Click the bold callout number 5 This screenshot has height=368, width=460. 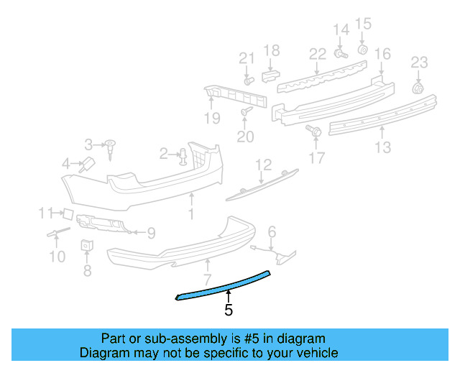(x=229, y=310)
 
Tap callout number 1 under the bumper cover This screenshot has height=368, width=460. (x=191, y=213)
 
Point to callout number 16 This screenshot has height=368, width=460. (x=382, y=54)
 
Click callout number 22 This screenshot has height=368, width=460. (x=317, y=54)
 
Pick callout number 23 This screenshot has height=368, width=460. (x=419, y=63)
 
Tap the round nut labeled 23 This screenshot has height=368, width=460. (x=417, y=88)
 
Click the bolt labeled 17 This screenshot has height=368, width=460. (x=313, y=131)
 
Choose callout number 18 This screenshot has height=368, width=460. (x=271, y=50)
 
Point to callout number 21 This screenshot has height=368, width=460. (x=247, y=58)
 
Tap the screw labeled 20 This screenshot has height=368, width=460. (x=246, y=111)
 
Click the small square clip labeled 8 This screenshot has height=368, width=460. (x=87, y=245)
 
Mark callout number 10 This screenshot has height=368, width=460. (x=57, y=256)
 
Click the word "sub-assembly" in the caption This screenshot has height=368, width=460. (x=187, y=339)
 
